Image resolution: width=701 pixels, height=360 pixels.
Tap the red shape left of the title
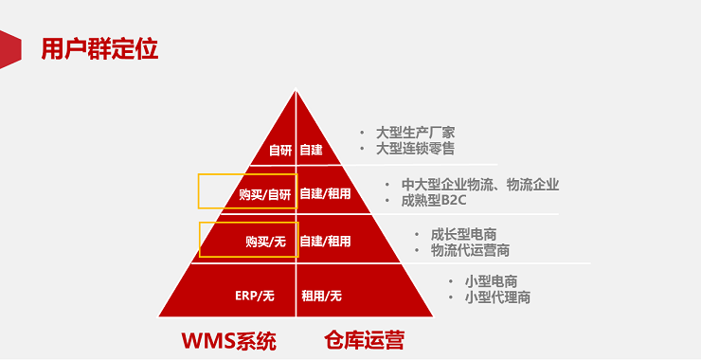coord(9,48)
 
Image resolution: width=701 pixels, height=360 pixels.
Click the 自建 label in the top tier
coord(312,150)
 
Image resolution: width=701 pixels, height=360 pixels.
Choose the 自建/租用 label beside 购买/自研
coord(326,194)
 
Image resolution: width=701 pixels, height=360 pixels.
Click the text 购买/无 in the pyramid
coord(265,242)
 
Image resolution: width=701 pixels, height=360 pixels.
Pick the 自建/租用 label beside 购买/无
coord(326,242)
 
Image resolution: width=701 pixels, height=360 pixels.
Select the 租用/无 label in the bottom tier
coord(322,296)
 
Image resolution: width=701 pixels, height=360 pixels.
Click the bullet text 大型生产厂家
coord(415,133)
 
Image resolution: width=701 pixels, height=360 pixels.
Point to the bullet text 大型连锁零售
coord(415,149)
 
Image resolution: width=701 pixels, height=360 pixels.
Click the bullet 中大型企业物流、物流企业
coord(479,185)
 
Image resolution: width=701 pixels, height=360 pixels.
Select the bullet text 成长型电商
coord(463,234)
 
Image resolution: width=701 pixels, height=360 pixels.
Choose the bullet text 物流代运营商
coord(470,250)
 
